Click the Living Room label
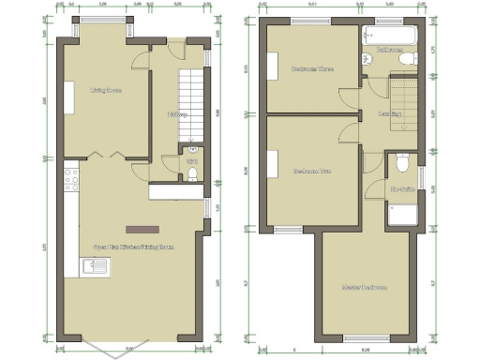pyautogui.click(x=106, y=91)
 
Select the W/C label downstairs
pyautogui.click(x=191, y=162)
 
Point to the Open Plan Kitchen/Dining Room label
pyautogui.click(x=134, y=247)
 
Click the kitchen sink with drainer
pyautogui.click(x=96, y=269)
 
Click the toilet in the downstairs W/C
pyautogui.click(x=191, y=147)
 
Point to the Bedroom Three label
pyautogui.click(x=312, y=68)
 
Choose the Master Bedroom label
pyautogui.click(x=365, y=287)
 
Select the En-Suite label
pyautogui.click(x=402, y=190)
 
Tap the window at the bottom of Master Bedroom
pyautogui.click(x=364, y=336)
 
